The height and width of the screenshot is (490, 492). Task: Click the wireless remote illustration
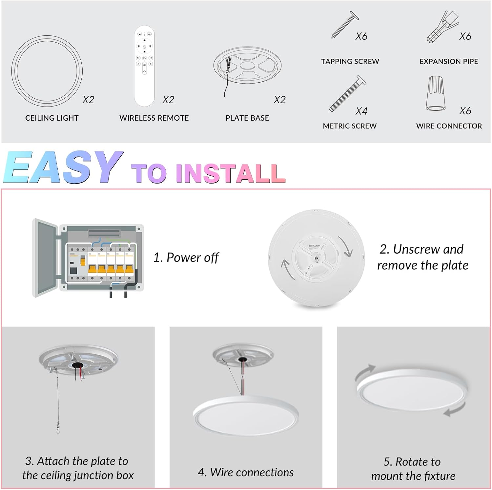(144, 66)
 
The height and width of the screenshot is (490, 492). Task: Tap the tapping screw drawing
(345, 25)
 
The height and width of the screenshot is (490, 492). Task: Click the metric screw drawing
(348, 94)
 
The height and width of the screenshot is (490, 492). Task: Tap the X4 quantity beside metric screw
(361, 111)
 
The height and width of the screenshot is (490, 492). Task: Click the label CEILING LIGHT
(52, 118)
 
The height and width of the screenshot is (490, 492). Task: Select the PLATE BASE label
(247, 118)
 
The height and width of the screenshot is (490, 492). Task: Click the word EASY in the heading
(63, 167)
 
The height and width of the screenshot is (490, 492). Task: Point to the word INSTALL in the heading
(231, 173)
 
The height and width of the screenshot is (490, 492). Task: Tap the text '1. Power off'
(186, 258)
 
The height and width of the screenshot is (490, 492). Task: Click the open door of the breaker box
(45, 258)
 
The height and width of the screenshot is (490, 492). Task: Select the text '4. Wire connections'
(246, 472)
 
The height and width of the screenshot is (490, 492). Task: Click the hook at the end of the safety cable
(58, 428)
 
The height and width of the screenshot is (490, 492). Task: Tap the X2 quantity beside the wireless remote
(168, 100)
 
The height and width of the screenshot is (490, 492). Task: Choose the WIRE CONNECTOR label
(449, 126)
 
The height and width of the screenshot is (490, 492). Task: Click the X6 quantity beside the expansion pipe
(465, 36)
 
